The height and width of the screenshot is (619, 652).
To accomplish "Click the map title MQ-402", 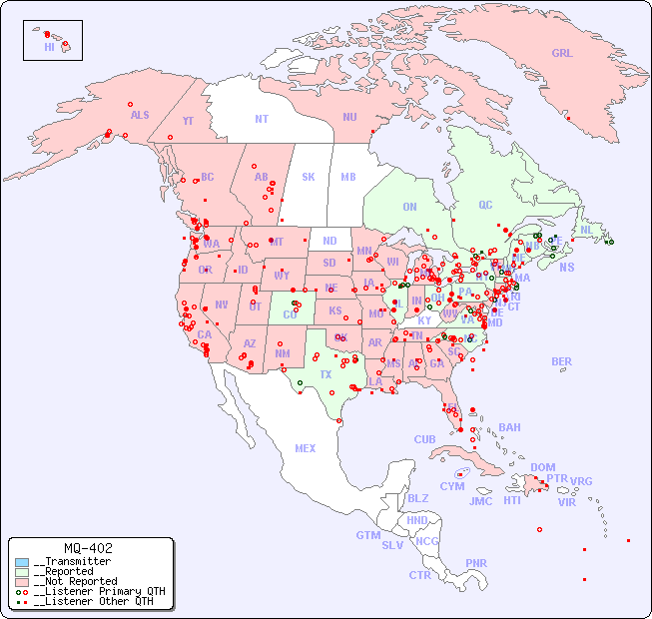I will tap(88, 548).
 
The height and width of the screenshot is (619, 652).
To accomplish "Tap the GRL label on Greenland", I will tap(562, 53).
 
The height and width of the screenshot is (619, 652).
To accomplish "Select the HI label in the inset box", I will tap(49, 47).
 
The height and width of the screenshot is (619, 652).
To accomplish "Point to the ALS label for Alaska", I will tap(140, 115).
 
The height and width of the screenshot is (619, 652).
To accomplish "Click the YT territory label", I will tap(188, 121).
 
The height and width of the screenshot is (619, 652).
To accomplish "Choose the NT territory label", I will tap(262, 119).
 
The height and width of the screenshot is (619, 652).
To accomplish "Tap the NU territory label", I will tap(349, 117).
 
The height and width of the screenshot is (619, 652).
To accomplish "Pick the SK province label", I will tap(309, 177).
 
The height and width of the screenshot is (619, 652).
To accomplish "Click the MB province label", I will tap(348, 177).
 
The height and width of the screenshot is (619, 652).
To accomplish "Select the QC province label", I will tap(485, 205).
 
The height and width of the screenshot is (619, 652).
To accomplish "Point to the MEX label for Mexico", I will tap(306, 448).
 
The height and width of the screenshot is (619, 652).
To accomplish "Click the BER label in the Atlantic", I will tap(562, 361).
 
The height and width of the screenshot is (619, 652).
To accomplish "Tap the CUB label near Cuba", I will tap(424, 439).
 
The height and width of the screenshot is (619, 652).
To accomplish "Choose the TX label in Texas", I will tap(326, 374).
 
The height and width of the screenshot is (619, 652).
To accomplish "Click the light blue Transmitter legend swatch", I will tap(22, 562).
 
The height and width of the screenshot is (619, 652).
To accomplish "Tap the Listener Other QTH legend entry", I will tap(89, 601).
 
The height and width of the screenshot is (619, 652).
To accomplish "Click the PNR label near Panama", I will tap(476, 563).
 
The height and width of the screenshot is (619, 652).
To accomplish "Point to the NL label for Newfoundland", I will tap(586, 229).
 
